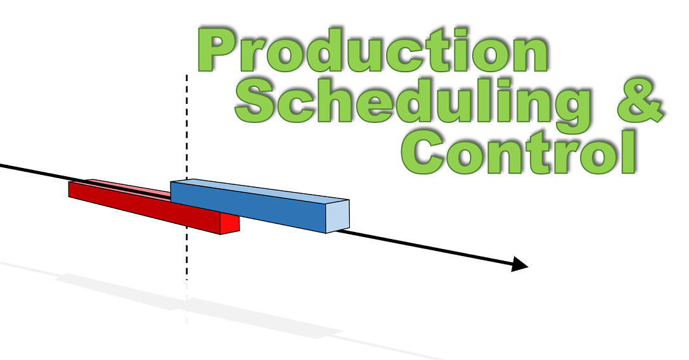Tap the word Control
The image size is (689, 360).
coord(518,151)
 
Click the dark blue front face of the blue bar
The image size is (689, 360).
coord(248,206)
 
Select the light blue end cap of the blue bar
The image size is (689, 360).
coord(337,216)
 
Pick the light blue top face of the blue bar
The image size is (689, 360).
coord(260,191)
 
